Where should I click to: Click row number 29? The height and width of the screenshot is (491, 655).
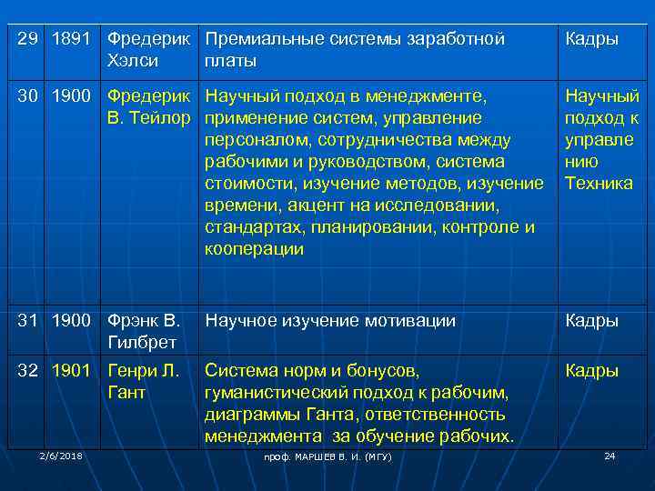(30, 40)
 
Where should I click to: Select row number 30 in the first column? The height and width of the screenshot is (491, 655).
(30, 94)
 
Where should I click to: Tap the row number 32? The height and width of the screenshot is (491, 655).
(30, 371)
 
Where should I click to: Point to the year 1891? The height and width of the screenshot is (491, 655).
(71, 40)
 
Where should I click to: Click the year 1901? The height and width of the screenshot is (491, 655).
(71, 371)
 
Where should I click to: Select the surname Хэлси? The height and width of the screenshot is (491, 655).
(133, 62)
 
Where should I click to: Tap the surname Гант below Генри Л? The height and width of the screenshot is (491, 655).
(126, 393)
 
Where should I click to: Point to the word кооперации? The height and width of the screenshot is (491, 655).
(254, 249)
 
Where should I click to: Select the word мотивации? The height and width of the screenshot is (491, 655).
(409, 320)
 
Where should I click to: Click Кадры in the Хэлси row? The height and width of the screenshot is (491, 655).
(591, 40)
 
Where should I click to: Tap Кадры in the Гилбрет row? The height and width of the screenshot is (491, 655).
(591, 320)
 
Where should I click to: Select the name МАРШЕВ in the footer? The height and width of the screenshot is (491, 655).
(312, 456)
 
